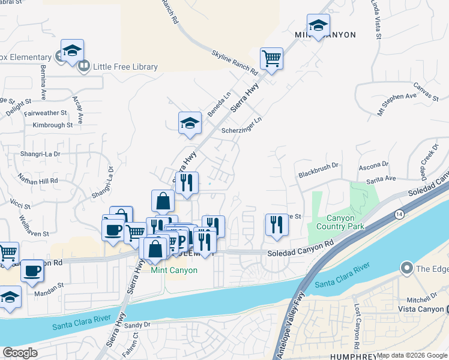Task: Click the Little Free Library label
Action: (x=125, y=67)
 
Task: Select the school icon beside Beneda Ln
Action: (x=190, y=123)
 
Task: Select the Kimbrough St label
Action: (x=52, y=125)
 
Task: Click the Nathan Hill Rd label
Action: (x=38, y=180)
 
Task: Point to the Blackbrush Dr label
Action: (x=319, y=170)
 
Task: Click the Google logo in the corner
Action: (x=20, y=352)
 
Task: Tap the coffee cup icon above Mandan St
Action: (x=32, y=271)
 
